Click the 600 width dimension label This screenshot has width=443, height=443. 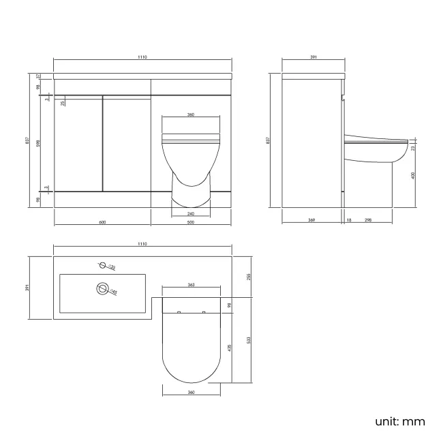click(102, 222)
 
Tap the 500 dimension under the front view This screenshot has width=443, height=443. click(190, 222)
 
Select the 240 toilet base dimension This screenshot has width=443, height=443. click(190, 213)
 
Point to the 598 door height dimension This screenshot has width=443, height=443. click(39, 146)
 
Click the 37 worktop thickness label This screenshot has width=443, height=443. click(39, 76)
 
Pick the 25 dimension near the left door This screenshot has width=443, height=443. click(63, 103)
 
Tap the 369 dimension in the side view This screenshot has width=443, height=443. click(311, 220)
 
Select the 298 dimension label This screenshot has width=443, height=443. click(368, 220)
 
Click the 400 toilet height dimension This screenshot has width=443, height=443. click(413, 176)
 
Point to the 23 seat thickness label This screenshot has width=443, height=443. click(413, 147)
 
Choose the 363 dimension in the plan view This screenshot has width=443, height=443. click(191, 285)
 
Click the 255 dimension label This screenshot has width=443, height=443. click(249, 277)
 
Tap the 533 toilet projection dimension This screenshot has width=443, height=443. click(249, 341)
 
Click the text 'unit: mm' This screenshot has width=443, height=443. click(399, 421)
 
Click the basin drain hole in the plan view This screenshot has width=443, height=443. click(104, 290)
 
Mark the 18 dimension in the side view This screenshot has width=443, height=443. click(349, 220)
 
